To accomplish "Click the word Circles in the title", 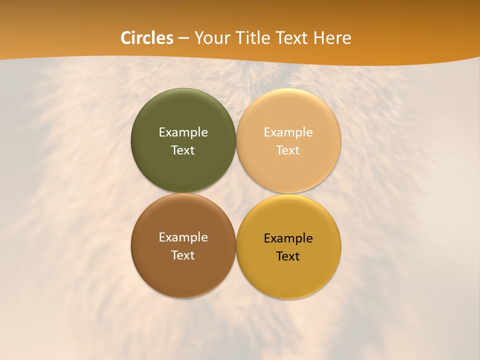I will pyautogui.click(x=147, y=38).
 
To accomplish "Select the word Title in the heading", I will pyautogui.click(x=253, y=38).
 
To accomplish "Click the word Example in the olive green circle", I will pyautogui.click(x=183, y=132).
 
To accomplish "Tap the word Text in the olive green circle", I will pyautogui.click(x=183, y=150).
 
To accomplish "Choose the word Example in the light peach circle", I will pyautogui.click(x=288, y=132).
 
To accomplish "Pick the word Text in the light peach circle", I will pyautogui.click(x=288, y=150).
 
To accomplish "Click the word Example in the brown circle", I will pyautogui.click(x=183, y=237).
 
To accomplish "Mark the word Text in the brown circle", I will pyautogui.click(x=183, y=255).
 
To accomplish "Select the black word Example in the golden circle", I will pyautogui.click(x=288, y=238).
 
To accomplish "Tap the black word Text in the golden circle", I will pyautogui.click(x=288, y=256).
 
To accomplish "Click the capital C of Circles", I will pyautogui.click(x=126, y=38).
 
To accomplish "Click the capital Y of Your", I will pyautogui.click(x=198, y=38).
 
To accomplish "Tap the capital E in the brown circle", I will pyautogui.click(x=162, y=237).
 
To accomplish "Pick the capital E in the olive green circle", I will pyautogui.click(x=162, y=132).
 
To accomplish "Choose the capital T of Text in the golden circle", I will pyautogui.click(x=279, y=256).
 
